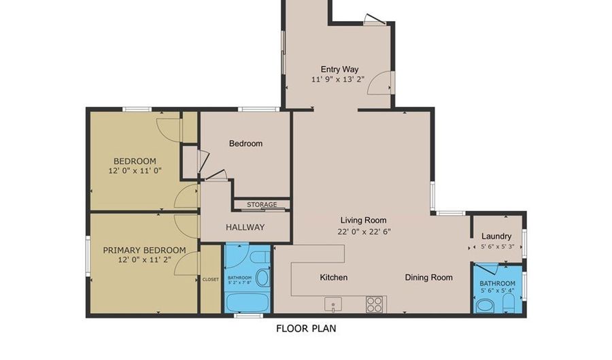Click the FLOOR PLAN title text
[x=305, y=328]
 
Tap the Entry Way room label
[x=339, y=69]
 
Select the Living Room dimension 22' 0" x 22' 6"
[x=364, y=231]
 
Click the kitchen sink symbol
[x=333, y=303]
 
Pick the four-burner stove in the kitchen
[x=375, y=304]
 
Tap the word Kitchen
[x=333, y=277]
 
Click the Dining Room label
[x=428, y=277]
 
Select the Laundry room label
[x=496, y=236]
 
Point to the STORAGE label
[x=262, y=205]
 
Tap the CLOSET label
[x=211, y=280]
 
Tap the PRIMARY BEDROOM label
[x=144, y=250]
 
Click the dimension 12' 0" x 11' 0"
[x=135, y=170]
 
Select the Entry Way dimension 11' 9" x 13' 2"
[x=338, y=79]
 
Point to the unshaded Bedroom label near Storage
[x=245, y=144]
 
